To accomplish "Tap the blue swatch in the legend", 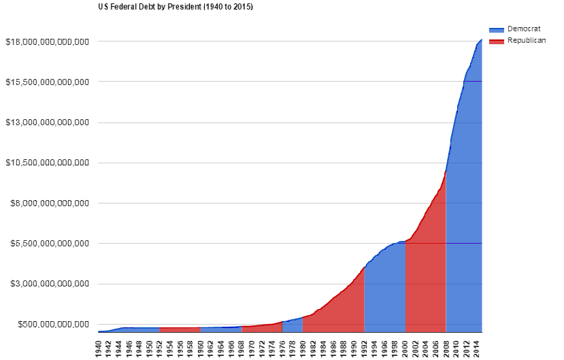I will [x=496, y=30].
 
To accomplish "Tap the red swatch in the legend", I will [x=496, y=41].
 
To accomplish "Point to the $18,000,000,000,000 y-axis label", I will [x=47, y=42].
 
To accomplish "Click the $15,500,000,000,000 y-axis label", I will [x=47, y=82].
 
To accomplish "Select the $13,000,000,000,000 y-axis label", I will [x=47, y=122].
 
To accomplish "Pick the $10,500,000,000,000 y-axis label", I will [x=47, y=163].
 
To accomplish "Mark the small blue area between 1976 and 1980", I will [x=293, y=326].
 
